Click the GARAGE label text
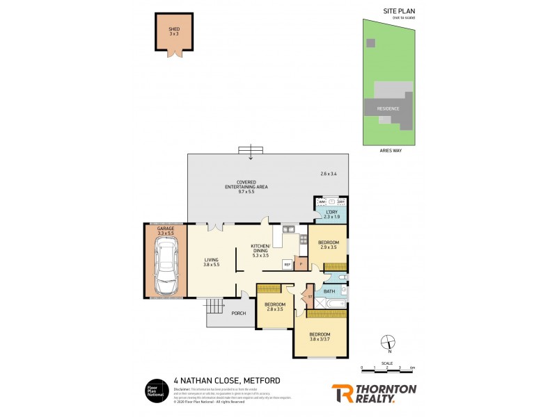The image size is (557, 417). point(165,228)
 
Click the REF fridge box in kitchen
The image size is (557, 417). point(287,265)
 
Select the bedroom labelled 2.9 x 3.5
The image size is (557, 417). point(329,244)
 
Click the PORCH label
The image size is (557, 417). point(239,313)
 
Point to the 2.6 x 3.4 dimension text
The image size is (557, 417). point(329,173)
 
